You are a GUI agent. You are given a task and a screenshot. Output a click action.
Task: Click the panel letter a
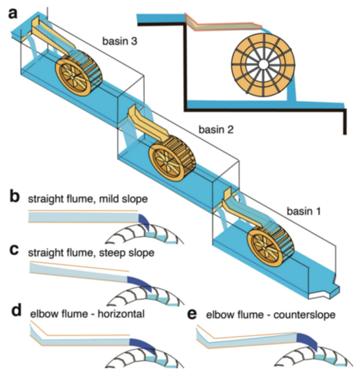pyautogui.click(x=13, y=13)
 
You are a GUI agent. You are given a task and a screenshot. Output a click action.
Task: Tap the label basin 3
pyautogui.click(x=120, y=41)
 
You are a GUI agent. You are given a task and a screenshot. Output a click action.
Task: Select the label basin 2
pyautogui.click(x=216, y=130)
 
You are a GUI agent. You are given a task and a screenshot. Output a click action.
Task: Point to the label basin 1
pyautogui.click(x=303, y=211)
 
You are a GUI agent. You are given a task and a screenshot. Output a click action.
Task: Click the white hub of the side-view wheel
pyautogui.click(x=263, y=64)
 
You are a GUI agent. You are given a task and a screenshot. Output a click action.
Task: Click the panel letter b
pyautogui.click(x=15, y=197)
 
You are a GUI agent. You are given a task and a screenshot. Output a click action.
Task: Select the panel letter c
pyautogui.click(x=14, y=250)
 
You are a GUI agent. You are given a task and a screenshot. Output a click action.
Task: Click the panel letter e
pyautogui.click(x=192, y=314)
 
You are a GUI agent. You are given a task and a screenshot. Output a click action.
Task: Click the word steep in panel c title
pyautogui.click(x=109, y=253)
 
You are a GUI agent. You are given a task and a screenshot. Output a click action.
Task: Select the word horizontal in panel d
pyautogui.click(x=121, y=314)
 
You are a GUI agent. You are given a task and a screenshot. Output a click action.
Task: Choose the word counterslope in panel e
pyautogui.click(x=305, y=315)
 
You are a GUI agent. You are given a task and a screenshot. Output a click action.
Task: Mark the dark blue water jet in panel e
pyautogui.click(x=308, y=341)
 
